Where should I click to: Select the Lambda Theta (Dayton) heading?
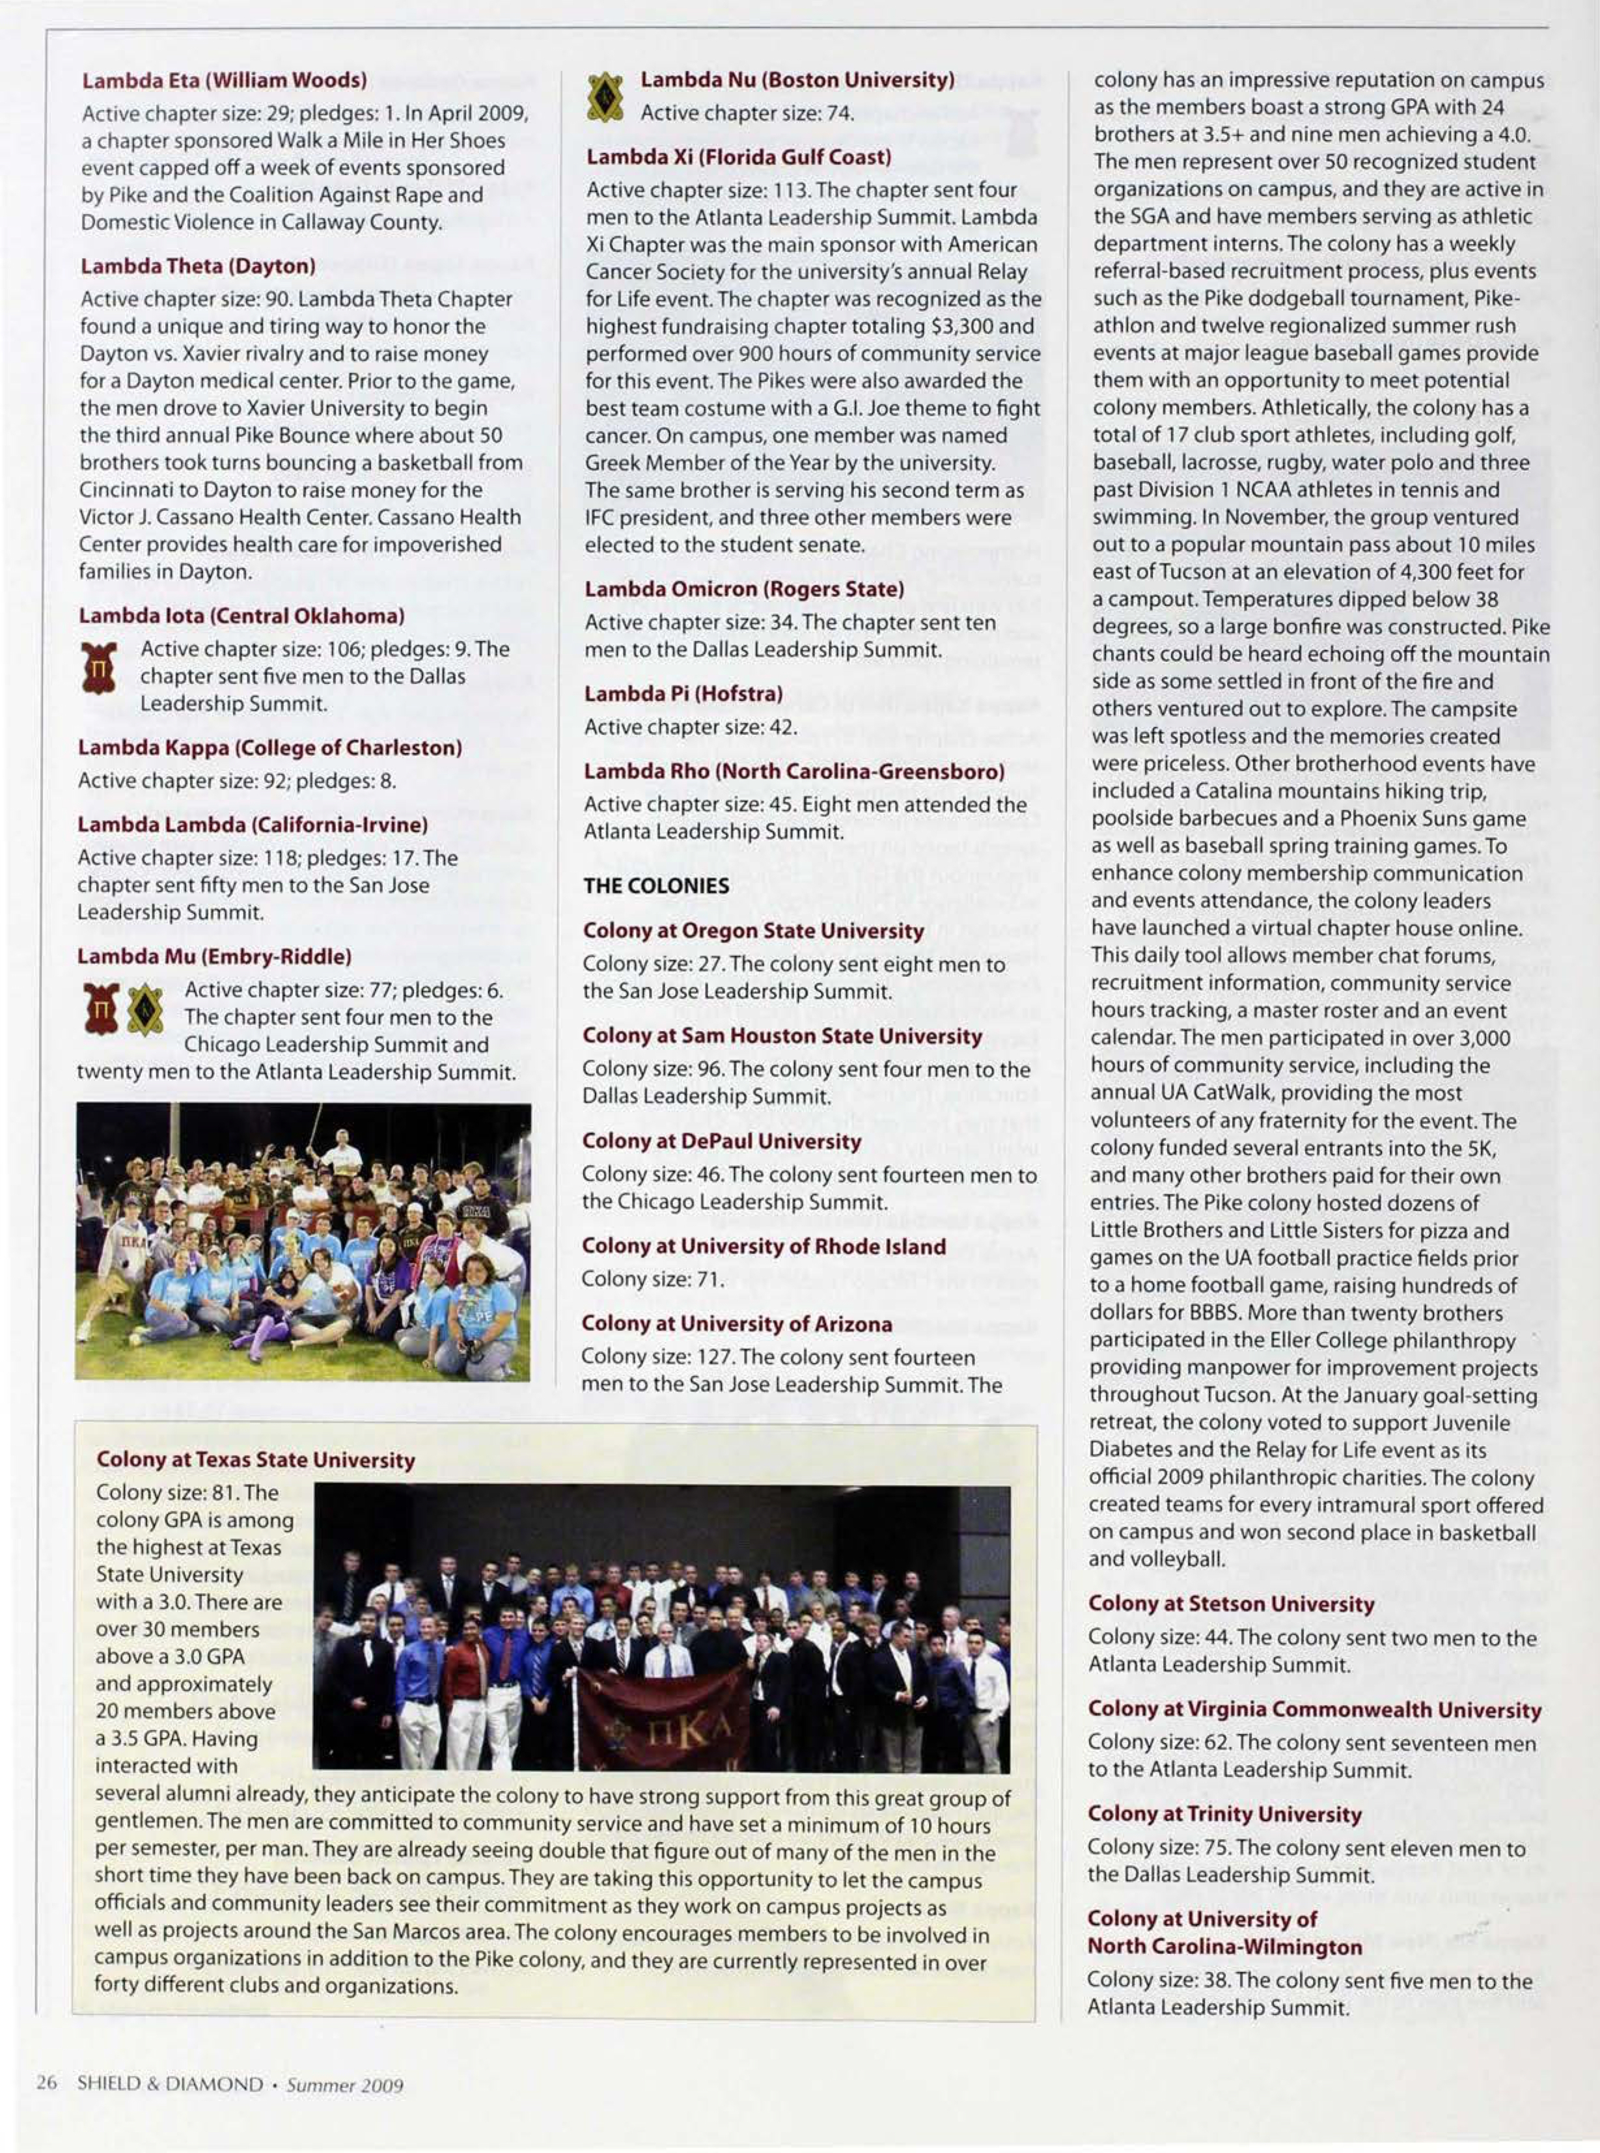point(198,266)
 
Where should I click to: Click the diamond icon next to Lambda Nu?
point(606,98)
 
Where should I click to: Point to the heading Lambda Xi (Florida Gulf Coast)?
point(738,157)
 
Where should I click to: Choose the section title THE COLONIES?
point(655,885)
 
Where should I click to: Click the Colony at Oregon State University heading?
point(752,931)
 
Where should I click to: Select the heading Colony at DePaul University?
point(721,1141)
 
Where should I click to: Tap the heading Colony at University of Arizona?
point(736,1324)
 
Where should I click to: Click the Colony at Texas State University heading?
point(256,1460)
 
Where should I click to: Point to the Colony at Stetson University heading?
point(1230,1604)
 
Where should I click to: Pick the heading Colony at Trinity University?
point(1224,1814)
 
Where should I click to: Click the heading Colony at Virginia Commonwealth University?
point(1314,1709)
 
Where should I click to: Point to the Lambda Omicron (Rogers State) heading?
point(743,589)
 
